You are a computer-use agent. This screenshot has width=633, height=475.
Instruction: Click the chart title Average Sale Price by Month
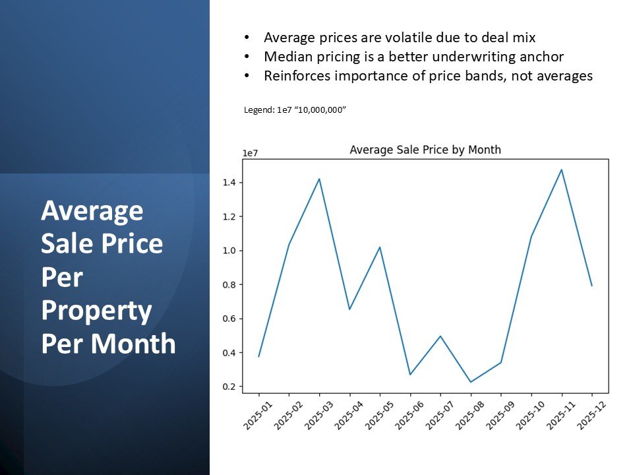(x=425, y=150)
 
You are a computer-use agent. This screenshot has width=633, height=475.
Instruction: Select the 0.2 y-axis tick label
(x=229, y=387)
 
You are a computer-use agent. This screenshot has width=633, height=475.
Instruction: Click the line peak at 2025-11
(x=562, y=170)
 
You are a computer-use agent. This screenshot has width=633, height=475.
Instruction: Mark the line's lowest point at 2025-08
(x=471, y=382)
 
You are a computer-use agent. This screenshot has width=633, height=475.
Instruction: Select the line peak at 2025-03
(x=319, y=179)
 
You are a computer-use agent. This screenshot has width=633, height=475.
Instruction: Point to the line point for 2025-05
(x=380, y=247)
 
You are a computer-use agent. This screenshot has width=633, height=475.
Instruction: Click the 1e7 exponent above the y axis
(x=250, y=153)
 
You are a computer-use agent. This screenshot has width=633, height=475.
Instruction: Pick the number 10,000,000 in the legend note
(x=321, y=110)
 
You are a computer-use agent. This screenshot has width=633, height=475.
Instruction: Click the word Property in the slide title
(x=96, y=311)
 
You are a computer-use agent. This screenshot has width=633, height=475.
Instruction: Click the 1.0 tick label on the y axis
(x=229, y=251)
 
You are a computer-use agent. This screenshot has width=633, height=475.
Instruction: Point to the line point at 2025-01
(x=258, y=356)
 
